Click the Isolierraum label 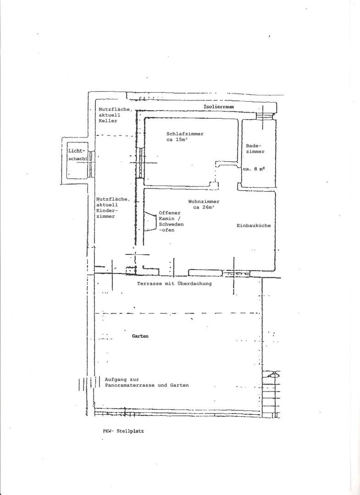click(x=219, y=107)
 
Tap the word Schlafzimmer click(x=185, y=133)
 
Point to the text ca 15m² click(x=177, y=139)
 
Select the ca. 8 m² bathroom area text click(x=254, y=169)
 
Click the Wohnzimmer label click(x=204, y=201)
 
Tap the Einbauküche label click(x=254, y=225)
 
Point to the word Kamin click(x=167, y=219)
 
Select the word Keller click(x=108, y=121)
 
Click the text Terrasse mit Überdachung click(x=174, y=284)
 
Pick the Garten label click(x=140, y=336)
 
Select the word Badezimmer click(x=255, y=148)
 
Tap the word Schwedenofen click(x=171, y=227)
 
